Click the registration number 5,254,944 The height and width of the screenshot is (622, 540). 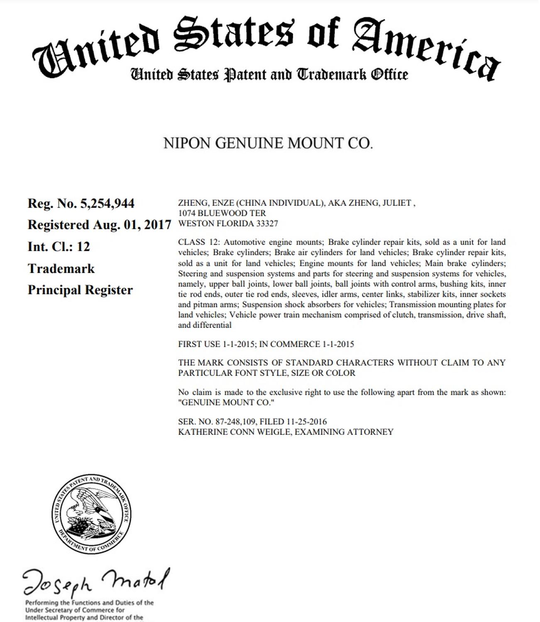click(108, 204)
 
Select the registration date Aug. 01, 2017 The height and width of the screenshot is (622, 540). click(132, 225)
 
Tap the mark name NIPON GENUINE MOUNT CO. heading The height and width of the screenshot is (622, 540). click(268, 143)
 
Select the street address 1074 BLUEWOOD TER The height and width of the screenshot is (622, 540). click(222, 213)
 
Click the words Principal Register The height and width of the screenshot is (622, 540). click(80, 290)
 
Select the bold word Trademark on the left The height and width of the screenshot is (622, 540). click(61, 269)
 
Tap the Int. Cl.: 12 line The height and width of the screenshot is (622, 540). click(59, 247)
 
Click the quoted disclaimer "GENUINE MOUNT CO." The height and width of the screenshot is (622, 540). click(227, 403)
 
